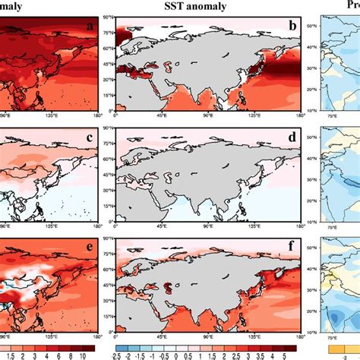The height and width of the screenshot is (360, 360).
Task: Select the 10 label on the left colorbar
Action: [x=79, y=353]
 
